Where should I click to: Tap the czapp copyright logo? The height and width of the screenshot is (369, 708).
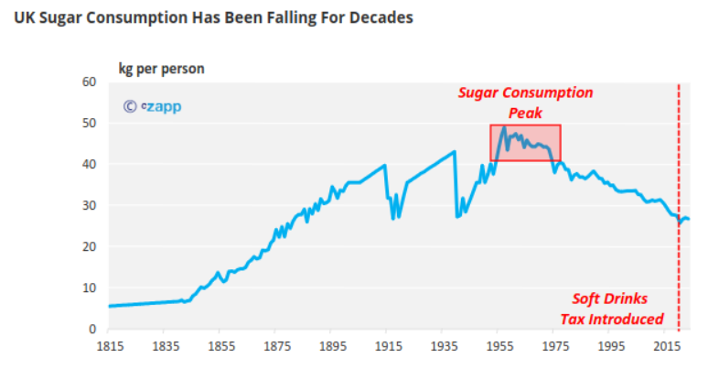click(x=152, y=106)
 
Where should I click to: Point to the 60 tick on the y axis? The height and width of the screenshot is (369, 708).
click(x=90, y=81)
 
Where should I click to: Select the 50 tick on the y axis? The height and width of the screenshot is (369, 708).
click(x=90, y=123)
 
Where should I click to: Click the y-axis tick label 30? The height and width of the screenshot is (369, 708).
click(x=90, y=205)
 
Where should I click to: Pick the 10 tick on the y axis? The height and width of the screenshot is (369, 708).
click(x=90, y=288)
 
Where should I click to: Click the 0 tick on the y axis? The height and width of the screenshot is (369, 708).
click(x=93, y=329)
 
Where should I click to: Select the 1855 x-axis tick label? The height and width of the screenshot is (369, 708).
click(x=220, y=347)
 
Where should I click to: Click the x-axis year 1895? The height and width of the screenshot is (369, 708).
click(x=332, y=347)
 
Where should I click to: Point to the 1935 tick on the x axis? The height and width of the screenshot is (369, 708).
click(x=444, y=347)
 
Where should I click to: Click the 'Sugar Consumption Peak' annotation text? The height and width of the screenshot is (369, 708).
click(x=525, y=103)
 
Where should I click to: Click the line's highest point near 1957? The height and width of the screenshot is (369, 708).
click(x=504, y=126)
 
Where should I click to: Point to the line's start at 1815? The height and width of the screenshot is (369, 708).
click(x=109, y=306)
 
